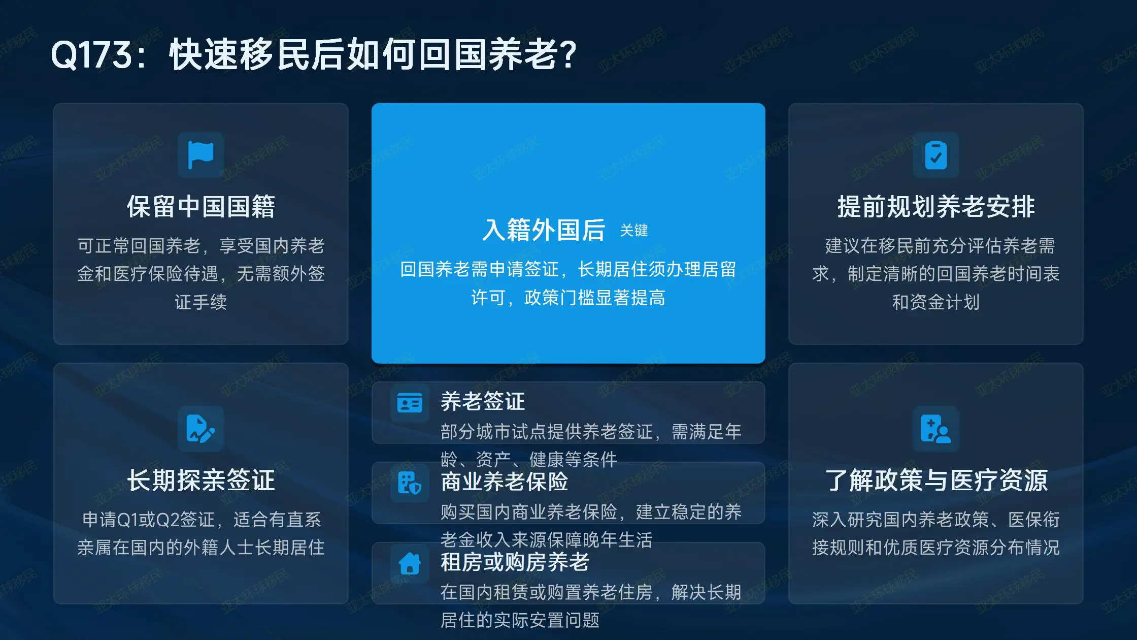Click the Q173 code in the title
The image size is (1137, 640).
point(92,55)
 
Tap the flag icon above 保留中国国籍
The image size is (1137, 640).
point(201,155)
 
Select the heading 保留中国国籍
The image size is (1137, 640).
point(201,207)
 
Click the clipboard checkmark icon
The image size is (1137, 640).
point(936,155)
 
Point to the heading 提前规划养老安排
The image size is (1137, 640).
point(936,207)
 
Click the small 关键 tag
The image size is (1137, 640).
point(634,231)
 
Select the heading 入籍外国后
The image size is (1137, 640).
point(544,230)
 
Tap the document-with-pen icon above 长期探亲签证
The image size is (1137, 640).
point(201,429)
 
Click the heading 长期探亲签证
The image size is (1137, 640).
point(201,480)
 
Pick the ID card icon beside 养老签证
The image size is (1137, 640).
point(410,403)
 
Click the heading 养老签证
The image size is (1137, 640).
point(483,401)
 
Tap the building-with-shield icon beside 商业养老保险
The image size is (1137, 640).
point(410,483)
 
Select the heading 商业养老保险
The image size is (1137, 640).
point(505,482)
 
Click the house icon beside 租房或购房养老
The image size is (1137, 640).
point(410,563)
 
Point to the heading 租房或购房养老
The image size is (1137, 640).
point(515,562)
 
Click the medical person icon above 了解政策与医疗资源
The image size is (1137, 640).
point(936,429)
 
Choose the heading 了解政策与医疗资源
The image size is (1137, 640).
point(936,480)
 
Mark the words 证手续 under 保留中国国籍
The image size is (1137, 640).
point(201,302)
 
